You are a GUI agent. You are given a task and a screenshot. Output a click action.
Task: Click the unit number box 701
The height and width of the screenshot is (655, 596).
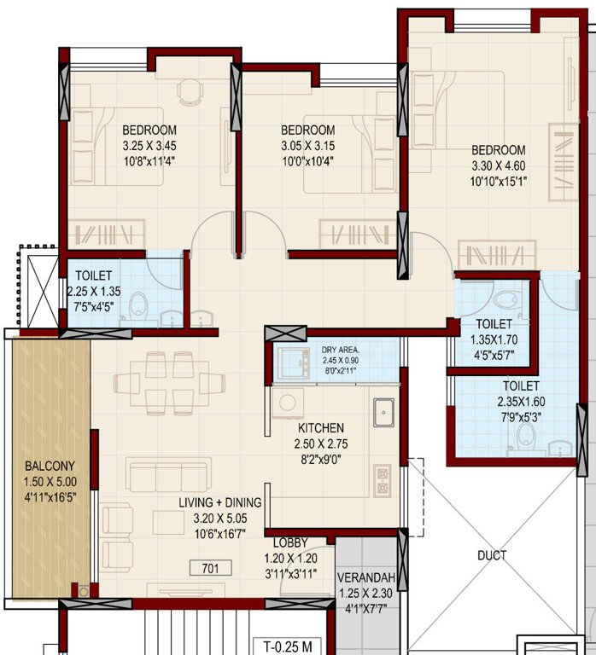pos(211,567)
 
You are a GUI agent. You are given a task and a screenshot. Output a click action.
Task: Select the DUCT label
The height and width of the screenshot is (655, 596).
pos(493,555)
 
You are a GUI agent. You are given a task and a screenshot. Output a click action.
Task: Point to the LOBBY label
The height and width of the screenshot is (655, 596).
pos(290,543)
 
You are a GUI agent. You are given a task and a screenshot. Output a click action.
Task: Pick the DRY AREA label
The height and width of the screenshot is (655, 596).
pos(341,350)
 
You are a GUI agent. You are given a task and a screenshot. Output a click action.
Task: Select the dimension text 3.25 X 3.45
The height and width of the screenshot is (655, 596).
pos(149,145)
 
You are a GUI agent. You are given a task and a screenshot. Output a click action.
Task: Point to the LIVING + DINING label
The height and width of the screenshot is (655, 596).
pos(220,503)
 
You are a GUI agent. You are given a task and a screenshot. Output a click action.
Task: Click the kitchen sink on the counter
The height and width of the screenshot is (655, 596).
pos(383,412)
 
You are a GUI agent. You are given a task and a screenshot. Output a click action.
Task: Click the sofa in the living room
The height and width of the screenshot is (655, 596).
pos(168,474)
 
